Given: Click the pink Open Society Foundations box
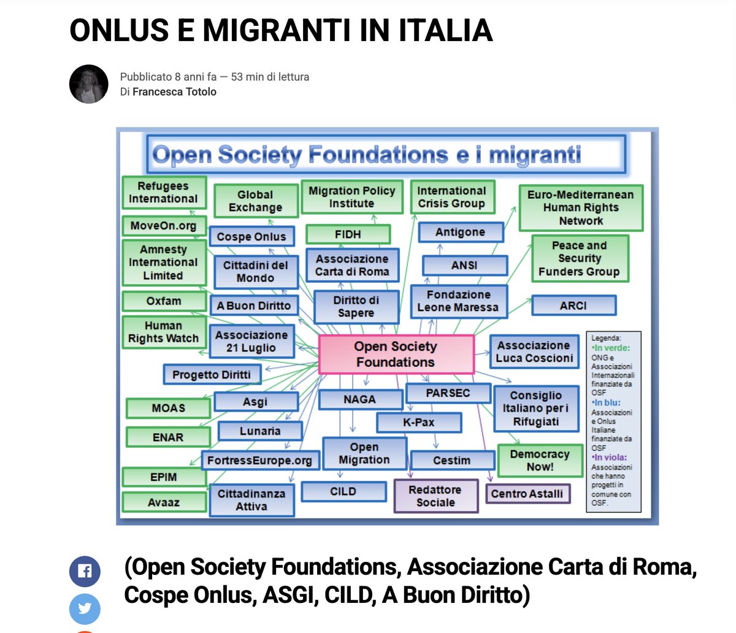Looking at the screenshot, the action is pos(396,355).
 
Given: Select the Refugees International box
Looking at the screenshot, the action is pos(164,193).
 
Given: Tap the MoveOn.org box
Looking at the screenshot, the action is pos(164,226).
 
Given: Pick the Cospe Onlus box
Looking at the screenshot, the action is pos(251,236).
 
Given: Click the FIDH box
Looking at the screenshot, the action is pos(348,234).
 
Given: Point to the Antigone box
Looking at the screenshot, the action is pos(461,232).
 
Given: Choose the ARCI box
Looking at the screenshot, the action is pos(573,305).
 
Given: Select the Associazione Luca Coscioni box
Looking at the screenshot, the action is pos(534,351).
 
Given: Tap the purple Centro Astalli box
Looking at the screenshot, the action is pos(528,493).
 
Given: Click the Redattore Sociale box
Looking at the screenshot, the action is pos(436,496).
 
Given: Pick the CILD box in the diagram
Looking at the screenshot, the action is pos(343,492).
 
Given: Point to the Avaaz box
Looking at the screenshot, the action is pos(164,502).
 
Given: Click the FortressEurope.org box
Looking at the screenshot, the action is pos(260,460).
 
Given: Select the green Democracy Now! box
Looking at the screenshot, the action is pos(540,461).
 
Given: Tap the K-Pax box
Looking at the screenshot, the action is pos(419,423).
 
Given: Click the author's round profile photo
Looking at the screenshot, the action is pos(89,84).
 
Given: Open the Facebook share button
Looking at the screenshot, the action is pos(85,572).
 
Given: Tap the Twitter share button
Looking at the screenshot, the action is pos(85,609).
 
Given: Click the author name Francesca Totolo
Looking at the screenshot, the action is pos(174,92).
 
